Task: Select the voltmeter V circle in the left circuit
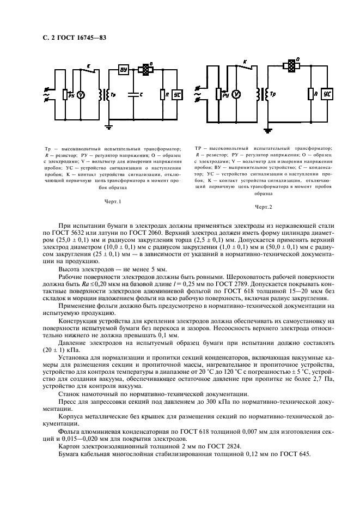pos(80,95)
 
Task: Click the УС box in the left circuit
pos(178,94)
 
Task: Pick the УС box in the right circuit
pos(327,94)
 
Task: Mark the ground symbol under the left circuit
pos(109,126)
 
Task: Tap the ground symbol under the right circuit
pos(267,130)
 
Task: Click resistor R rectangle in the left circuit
pos(162,95)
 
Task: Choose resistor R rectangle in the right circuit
pos(311,94)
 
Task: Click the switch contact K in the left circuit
pos(90,69)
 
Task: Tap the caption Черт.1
pos(112,201)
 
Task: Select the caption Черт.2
pos(263,207)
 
